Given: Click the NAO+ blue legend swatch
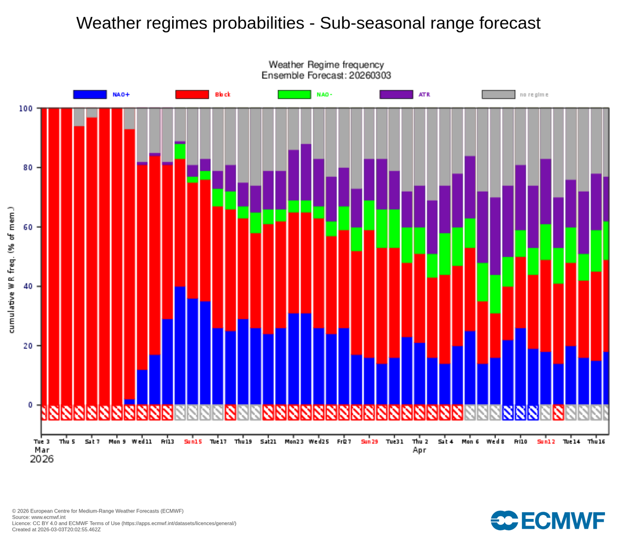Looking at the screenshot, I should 90,94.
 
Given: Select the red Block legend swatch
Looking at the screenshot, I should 192,94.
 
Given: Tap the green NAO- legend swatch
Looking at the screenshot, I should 294,94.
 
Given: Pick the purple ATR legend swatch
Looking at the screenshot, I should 396,94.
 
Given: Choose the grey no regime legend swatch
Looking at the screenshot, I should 498,94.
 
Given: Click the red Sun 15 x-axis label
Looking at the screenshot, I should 193,442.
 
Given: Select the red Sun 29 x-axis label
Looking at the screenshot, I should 370,442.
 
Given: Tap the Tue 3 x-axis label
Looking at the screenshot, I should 42,442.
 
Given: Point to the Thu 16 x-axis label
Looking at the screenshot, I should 596,442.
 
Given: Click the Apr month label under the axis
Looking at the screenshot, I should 419,450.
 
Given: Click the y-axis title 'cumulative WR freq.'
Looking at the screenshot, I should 12,270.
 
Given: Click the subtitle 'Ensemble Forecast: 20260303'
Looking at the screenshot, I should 326,76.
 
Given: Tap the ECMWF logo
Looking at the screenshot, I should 548,521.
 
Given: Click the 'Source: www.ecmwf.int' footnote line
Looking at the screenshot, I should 39,517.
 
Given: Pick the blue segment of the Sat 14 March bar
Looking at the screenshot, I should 180,345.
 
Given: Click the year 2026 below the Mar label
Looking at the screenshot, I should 42,459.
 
